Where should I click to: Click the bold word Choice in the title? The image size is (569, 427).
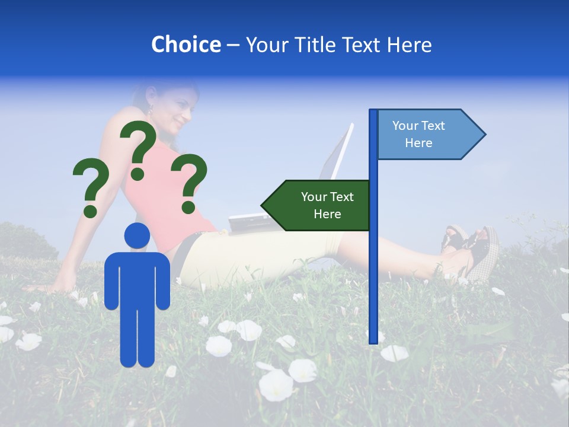click(x=186, y=44)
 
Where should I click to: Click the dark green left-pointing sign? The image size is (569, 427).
click(x=318, y=205)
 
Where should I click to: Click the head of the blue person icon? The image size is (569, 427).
click(x=137, y=236)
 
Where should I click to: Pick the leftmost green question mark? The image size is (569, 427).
click(x=89, y=187)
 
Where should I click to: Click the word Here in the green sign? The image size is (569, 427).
click(x=327, y=214)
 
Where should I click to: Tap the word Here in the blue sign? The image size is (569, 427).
click(x=418, y=143)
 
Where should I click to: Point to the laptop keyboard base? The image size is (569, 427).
click(x=249, y=222)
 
